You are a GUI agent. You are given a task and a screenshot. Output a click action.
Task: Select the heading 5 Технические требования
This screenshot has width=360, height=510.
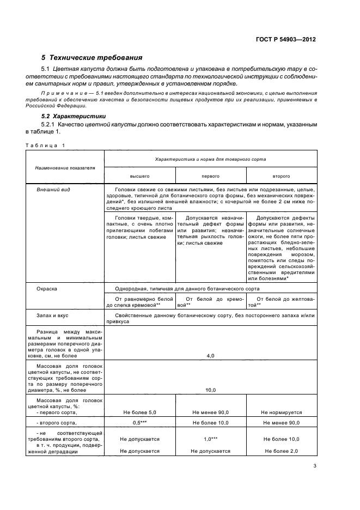(x=92, y=57)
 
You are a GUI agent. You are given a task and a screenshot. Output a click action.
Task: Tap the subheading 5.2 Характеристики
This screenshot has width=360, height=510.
(x=74, y=117)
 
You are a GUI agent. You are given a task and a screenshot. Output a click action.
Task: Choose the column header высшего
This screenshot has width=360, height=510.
(x=139, y=177)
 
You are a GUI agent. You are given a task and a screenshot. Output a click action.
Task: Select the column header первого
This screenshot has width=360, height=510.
(x=210, y=177)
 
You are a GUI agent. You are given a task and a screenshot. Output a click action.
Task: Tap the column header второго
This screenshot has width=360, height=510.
(x=281, y=177)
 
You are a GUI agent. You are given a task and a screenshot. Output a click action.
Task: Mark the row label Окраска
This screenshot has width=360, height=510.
(x=47, y=288)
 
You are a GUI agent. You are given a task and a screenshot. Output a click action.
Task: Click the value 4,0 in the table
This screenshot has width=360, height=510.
(x=210, y=355)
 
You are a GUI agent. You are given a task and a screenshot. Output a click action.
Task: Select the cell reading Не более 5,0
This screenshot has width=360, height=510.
(x=139, y=412)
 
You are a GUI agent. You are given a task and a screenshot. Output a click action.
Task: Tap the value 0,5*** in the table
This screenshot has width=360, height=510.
(x=139, y=423)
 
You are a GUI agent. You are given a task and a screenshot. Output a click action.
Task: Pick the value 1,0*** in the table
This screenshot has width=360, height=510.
(x=210, y=439)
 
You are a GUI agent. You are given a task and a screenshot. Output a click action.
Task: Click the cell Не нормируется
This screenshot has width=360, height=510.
(x=281, y=412)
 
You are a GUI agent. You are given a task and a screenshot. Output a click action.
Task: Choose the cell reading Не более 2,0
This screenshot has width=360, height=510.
(x=281, y=451)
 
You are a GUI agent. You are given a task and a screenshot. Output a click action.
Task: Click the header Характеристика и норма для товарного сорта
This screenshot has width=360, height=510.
(x=210, y=159)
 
